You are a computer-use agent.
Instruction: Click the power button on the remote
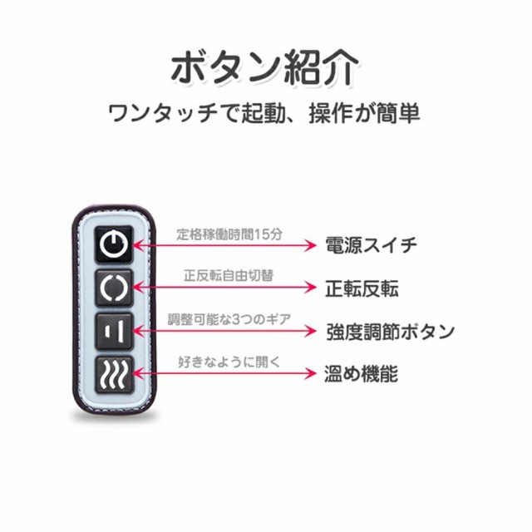[114, 244]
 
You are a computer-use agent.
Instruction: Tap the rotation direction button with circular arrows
[114, 288]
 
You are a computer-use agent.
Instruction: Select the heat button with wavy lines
[114, 374]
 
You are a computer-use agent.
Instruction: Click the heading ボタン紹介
[264, 67]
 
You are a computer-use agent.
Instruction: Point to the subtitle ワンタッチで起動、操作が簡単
[264, 113]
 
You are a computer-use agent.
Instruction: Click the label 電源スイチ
[372, 245]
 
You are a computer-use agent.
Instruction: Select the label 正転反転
[362, 288]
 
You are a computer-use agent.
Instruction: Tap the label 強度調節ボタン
[390, 331]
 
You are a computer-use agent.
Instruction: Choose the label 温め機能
[361, 374]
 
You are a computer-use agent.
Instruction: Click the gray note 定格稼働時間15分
[229, 234]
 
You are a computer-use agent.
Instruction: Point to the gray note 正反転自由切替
[229, 275]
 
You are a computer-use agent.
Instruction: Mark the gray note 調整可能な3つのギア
[229, 319]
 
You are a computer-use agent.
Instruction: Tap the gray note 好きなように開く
[229, 362]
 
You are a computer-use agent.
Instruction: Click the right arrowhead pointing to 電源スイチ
[311, 245]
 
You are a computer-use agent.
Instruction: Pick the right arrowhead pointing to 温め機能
[311, 373]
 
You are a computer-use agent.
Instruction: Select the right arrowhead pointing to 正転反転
[311, 288]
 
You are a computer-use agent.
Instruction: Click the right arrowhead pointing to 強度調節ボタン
[311, 331]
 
